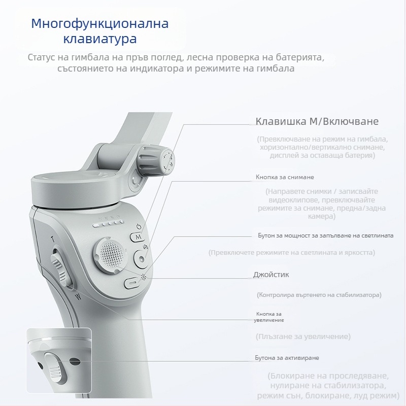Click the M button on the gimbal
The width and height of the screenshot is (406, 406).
tap(137, 236)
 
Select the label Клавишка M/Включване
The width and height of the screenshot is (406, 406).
tap(317, 122)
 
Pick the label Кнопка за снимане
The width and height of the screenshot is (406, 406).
tap(285, 178)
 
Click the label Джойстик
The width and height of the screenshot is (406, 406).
tap(271, 275)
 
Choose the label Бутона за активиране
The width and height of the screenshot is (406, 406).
tap(287, 358)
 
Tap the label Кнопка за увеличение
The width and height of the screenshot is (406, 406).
tap(269, 317)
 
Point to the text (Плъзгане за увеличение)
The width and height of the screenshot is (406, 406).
tap(303, 336)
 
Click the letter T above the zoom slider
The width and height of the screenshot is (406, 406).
tap(52, 239)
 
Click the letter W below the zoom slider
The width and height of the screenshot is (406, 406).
tap(77, 296)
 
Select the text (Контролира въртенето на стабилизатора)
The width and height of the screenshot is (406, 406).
tap(319, 294)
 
